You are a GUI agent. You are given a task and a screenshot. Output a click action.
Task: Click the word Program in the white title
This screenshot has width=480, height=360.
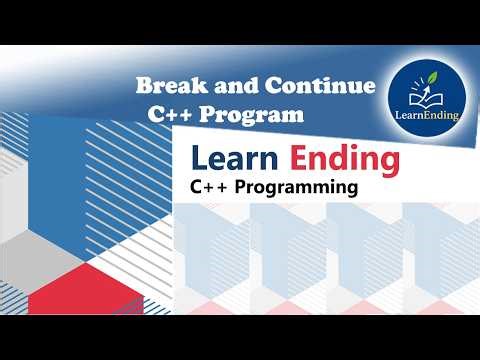tap(251, 114)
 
